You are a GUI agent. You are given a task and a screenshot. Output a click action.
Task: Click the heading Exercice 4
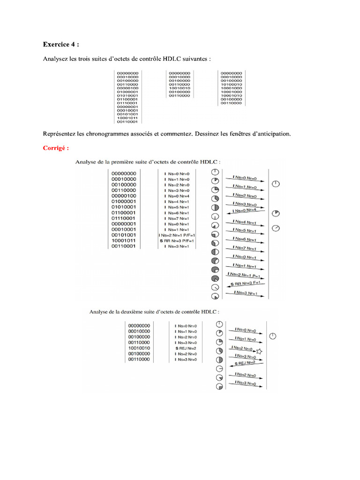tap(60, 45)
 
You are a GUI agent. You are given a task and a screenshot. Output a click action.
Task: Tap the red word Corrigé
tap(56, 148)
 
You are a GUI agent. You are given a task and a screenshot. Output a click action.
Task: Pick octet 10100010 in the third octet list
tap(231, 84)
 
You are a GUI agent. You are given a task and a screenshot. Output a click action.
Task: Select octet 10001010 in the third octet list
tap(231, 95)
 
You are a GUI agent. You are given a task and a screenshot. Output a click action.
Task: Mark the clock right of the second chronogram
tap(273, 336)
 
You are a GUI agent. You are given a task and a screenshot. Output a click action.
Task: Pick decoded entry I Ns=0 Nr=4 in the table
tap(177, 196)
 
